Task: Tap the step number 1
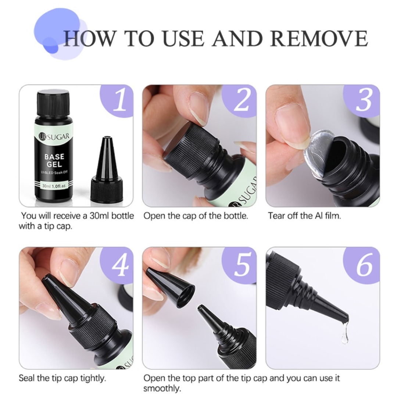119,100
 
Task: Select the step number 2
242,100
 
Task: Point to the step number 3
364,100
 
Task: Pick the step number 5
242,265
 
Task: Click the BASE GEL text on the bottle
54,161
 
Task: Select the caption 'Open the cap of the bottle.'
196,216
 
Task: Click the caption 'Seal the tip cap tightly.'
62,379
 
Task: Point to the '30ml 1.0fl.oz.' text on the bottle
54,186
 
